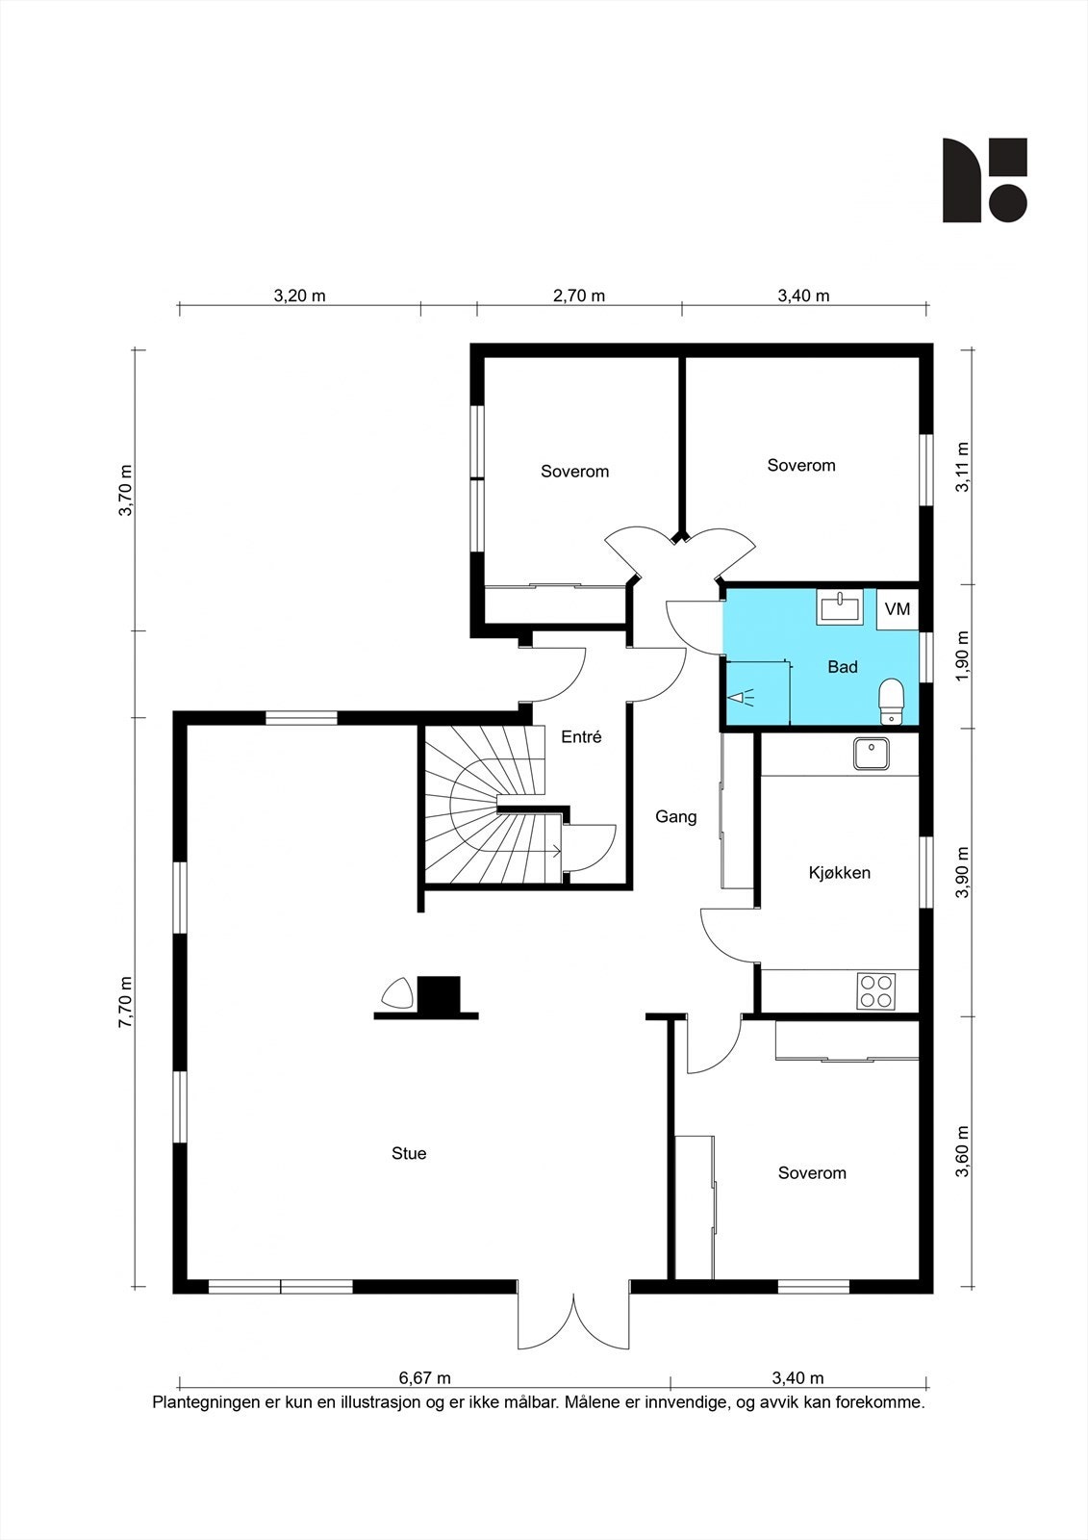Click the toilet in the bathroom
tap(891, 702)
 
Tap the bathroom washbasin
tap(840, 607)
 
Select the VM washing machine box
tap(898, 609)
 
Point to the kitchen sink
tap(871, 755)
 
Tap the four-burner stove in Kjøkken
tap(876, 991)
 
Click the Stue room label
tap(409, 1154)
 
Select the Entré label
tap(581, 737)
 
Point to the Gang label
tap(675, 817)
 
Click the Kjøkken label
tap(839, 873)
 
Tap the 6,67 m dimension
tap(425, 1377)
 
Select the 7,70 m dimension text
tap(126, 1002)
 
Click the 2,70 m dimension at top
tap(579, 295)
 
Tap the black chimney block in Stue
tap(439, 994)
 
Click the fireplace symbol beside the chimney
tap(397, 994)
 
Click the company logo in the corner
tap(985, 180)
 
